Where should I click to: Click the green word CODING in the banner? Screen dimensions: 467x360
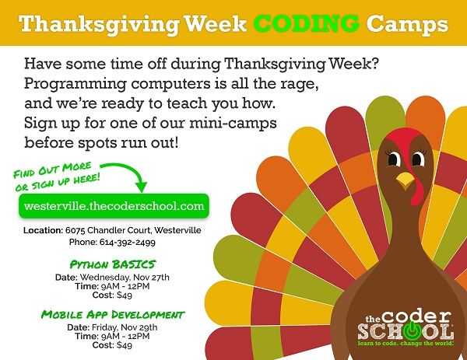pos(307,23)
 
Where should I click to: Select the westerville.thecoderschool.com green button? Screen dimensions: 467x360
pos(114,206)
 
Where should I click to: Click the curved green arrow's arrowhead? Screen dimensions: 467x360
pos(142,187)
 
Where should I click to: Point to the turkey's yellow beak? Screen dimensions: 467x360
pos(405,180)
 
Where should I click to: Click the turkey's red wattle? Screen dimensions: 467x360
pos(417,190)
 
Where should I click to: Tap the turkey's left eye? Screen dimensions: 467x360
pos(394,159)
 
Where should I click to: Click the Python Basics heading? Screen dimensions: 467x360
pos(113,264)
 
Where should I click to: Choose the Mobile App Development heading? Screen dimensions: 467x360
pos(113,314)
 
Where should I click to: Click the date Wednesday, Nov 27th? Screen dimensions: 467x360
pos(125,278)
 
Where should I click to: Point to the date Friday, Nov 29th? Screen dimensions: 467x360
pos(125,327)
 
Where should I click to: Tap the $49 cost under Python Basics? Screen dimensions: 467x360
pos(125,295)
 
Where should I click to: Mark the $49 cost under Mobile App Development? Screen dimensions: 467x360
pos(125,345)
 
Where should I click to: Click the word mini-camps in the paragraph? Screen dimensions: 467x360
pos(233,124)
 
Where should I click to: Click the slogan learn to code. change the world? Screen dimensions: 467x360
pos(406,344)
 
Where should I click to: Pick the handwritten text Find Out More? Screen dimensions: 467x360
pos(52,170)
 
